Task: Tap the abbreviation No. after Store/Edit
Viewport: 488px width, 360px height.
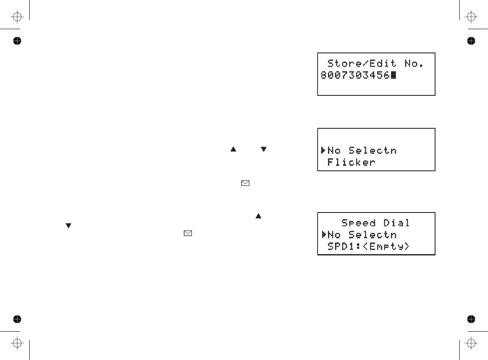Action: (x=413, y=64)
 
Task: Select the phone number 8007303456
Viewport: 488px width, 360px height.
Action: (x=355, y=75)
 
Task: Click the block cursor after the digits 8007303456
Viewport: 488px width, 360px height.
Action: (x=393, y=75)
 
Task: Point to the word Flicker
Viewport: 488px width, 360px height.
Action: (x=351, y=162)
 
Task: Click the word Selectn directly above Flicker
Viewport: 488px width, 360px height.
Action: (x=372, y=150)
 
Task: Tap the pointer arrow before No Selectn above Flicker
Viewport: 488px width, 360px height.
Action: (x=323, y=150)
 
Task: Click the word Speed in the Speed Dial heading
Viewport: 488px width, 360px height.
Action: (x=358, y=223)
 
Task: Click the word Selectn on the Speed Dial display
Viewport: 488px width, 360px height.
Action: (x=372, y=235)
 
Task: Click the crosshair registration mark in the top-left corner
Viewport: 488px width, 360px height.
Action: (x=17, y=17)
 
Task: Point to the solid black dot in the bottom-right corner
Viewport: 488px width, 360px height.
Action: (x=471, y=319)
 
